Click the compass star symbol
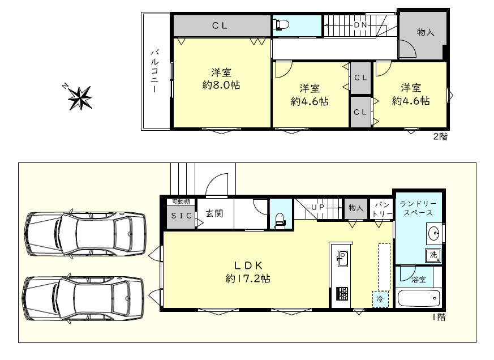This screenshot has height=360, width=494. [79, 97]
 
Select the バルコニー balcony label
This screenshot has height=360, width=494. [154, 71]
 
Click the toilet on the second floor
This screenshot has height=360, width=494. [281, 25]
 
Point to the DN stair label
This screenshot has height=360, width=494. [360, 25]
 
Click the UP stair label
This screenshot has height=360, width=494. [317, 208]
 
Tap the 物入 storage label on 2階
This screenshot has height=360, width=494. [425, 32]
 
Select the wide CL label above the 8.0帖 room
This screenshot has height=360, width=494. [220, 25]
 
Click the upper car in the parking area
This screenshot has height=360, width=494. [85, 233]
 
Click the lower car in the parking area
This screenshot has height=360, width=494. [84, 298]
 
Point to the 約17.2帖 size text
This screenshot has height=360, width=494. [247, 278]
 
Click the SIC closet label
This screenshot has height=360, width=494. [181, 216]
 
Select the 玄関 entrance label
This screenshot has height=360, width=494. [213, 214]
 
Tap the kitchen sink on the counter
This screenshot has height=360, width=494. [343, 259]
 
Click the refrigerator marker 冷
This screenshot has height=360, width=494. [380, 298]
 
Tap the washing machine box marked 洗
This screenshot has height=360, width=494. [434, 255]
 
